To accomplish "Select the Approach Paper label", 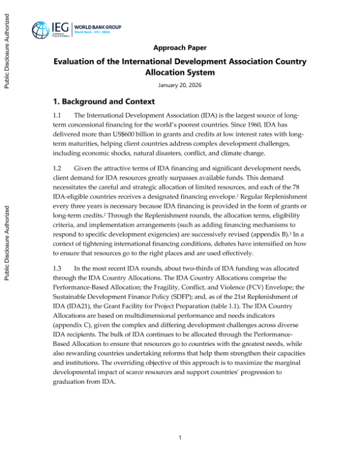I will point(180,47).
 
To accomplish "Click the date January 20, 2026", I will point(180,85).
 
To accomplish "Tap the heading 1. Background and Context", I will point(104,101).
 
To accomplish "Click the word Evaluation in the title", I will point(77,62).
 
